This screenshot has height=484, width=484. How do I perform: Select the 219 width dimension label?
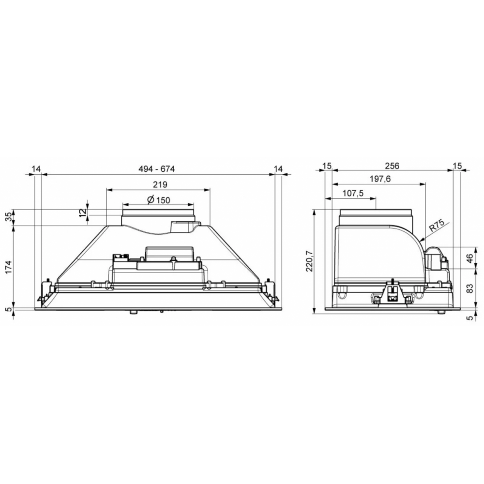160,184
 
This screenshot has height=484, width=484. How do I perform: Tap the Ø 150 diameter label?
159,200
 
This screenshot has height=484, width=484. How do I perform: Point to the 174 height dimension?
9,267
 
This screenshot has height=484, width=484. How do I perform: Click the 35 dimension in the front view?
9,216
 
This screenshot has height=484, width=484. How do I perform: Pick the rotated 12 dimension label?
82,212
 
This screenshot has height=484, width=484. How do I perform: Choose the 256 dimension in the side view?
392,166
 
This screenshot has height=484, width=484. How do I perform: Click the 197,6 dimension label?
380,179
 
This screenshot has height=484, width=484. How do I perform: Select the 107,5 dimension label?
353,194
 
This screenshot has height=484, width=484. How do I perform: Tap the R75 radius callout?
437,226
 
